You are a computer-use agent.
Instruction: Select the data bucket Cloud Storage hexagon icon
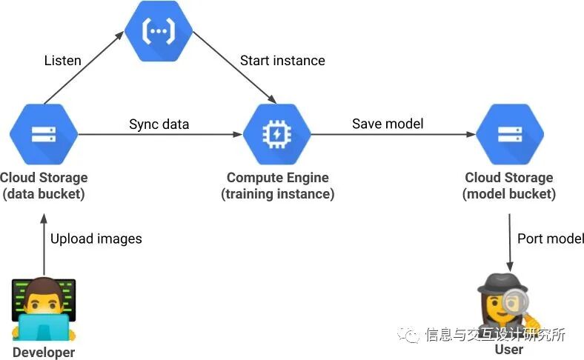(x=43, y=134)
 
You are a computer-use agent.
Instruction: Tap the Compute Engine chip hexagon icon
(x=277, y=134)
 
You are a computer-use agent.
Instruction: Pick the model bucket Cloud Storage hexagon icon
(x=508, y=134)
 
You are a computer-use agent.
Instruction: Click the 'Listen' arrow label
(x=62, y=61)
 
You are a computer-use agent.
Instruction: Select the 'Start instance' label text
(x=282, y=61)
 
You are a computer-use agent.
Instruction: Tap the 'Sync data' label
(x=159, y=124)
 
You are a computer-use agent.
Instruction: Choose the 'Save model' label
(x=388, y=124)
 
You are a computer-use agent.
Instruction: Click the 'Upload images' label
(x=96, y=239)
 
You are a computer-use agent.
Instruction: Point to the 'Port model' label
(x=551, y=239)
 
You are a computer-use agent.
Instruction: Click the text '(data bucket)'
(x=43, y=194)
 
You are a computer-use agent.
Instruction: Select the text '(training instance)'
(x=277, y=194)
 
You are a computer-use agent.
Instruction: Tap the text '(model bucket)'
(x=508, y=194)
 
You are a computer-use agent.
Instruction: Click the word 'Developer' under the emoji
(x=44, y=353)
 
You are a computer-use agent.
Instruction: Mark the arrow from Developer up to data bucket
(x=43, y=244)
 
